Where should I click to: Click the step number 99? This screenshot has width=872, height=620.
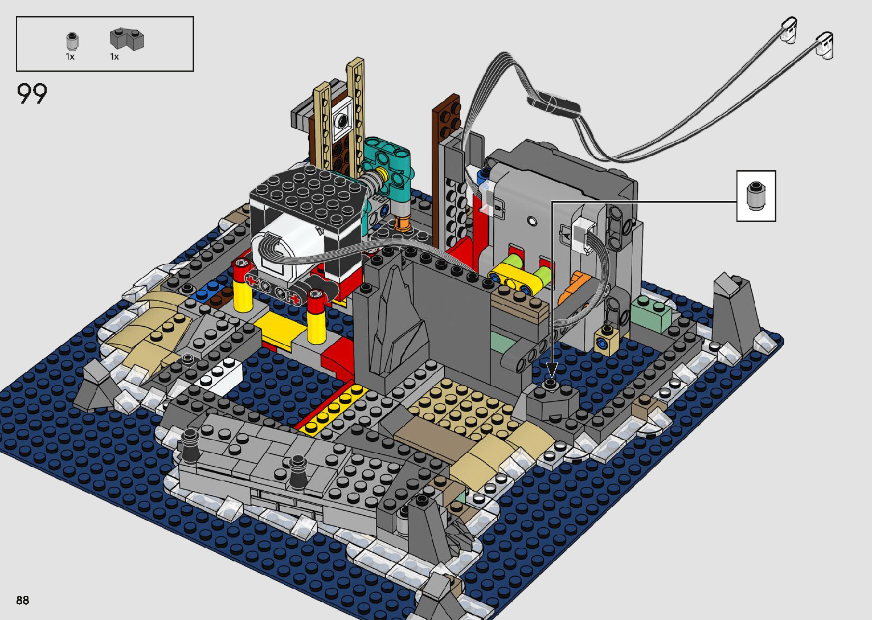click(x=32, y=94)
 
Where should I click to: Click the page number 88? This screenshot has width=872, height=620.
click(x=23, y=600)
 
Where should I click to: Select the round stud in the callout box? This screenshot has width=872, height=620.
click(x=756, y=196)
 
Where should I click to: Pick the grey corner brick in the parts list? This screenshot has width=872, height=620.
click(x=127, y=39)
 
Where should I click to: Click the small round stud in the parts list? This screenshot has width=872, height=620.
click(x=72, y=42)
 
